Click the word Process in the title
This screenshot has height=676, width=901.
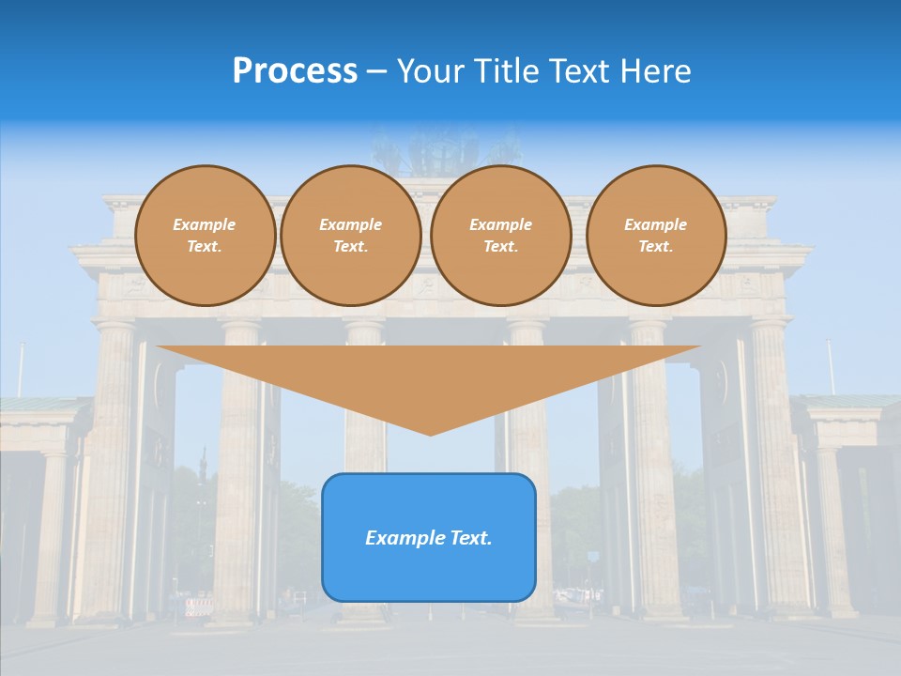pyautogui.click(x=295, y=71)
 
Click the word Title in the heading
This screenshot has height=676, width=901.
pyautogui.click(x=505, y=71)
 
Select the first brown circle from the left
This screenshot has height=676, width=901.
pyautogui.click(x=206, y=236)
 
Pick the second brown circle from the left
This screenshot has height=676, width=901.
pyautogui.click(x=351, y=236)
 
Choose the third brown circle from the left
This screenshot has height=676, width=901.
pyautogui.click(x=501, y=236)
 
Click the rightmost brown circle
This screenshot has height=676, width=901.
pyautogui.click(x=656, y=236)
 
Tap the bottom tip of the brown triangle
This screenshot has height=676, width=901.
pyautogui.click(x=430, y=433)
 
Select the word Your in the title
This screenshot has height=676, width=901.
pyautogui.click(x=432, y=71)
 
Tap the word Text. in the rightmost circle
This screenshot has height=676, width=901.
pyautogui.click(x=656, y=247)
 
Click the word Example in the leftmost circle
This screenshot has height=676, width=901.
pyautogui.click(x=205, y=225)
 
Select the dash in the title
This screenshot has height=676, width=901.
pyautogui.click(x=377, y=72)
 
